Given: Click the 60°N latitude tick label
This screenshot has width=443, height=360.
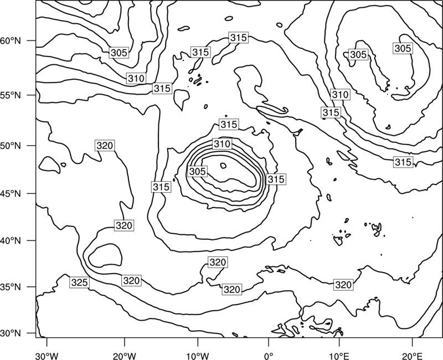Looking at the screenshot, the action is click(11, 41).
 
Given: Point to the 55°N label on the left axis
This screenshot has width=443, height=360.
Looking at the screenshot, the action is click(11, 95).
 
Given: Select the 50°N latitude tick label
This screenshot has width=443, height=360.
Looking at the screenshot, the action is click(11, 146).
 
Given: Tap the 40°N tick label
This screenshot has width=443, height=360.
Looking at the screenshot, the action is click(11, 241).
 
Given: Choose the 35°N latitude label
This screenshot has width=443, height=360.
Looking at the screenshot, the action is click(11, 287).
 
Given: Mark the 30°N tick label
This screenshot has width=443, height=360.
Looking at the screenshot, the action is click(11, 333).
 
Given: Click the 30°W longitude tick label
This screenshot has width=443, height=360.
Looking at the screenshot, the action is click(47, 356).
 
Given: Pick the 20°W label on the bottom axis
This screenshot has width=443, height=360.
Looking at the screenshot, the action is click(125, 356).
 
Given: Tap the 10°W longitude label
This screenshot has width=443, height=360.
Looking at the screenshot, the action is click(198, 356).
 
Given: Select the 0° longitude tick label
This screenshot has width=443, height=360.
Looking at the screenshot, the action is click(269, 356).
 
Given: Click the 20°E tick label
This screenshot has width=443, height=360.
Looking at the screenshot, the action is click(412, 356).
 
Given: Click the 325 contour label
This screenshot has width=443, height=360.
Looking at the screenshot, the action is click(79, 282).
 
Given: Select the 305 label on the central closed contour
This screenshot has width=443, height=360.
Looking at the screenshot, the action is click(198, 171).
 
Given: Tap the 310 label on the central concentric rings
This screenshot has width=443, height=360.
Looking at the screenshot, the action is click(223, 144).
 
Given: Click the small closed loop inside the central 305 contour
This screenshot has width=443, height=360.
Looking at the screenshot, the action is click(223, 166).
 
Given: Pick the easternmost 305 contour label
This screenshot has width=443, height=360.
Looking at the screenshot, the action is click(403, 48).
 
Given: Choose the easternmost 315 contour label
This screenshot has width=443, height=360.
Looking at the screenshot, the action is click(403, 162).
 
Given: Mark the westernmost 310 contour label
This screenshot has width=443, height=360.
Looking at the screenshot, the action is click(136, 78).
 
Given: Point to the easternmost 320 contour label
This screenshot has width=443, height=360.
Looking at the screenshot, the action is click(343, 285).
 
